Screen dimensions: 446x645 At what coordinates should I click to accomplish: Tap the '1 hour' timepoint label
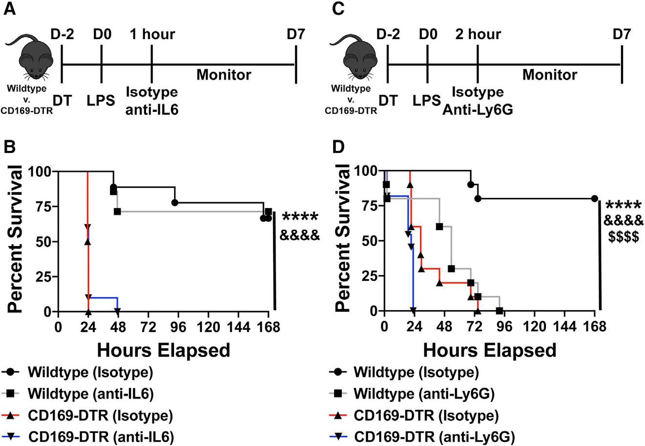coord(152,35)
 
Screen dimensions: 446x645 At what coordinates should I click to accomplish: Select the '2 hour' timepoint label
coord(477,35)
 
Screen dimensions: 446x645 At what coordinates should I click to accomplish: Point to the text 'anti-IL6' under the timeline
coord(152,110)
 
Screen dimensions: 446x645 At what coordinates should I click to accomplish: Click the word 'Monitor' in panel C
coord(549,75)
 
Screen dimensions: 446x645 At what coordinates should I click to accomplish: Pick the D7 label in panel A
coord(295,35)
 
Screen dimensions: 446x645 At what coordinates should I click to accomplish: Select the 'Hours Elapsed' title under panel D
coord(490,350)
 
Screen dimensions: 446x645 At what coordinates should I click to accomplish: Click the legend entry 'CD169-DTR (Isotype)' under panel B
coord(99,416)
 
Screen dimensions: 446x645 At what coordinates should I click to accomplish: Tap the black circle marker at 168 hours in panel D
coord(595,198)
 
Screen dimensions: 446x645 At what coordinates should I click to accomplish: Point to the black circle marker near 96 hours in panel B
coord(175,203)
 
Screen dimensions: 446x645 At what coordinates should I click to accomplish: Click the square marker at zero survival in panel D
coord(499,311)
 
